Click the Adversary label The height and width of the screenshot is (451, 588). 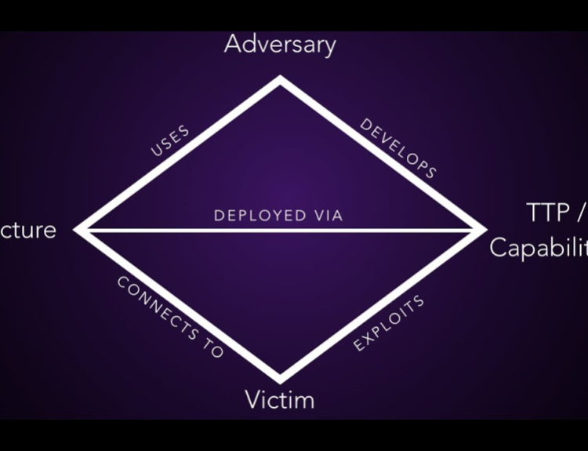click(x=280, y=44)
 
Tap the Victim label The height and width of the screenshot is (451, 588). click(x=280, y=400)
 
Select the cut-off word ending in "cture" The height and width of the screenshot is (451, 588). click(x=28, y=230)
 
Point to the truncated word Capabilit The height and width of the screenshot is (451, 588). click(x=539, y=247)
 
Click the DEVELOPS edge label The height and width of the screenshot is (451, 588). click(x=397, y=148)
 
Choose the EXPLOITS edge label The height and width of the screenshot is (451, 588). click(x=389, y=322)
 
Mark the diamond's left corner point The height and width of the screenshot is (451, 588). click(x=78, y=230)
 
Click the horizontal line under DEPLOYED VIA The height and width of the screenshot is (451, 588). click(x=280, y=230)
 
